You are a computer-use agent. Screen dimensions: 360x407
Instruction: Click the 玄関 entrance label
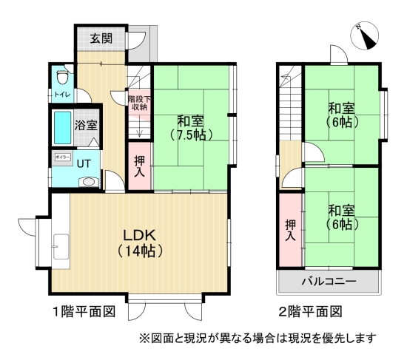[x=102, y=39]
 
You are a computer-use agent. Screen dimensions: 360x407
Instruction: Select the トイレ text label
[x=61, y=95]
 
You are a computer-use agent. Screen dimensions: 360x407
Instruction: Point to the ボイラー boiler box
[x=62, y=157]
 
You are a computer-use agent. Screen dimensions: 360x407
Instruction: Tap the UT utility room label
[x=84, y=163]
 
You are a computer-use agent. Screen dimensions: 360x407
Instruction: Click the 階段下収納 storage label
[x=138, y=103]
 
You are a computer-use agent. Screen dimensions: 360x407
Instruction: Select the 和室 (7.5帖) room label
[x=191, y=127]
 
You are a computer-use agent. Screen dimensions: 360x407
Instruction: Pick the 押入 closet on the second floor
[x=290, y=231]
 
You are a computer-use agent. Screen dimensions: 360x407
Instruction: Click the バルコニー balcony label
[x=329, y=282]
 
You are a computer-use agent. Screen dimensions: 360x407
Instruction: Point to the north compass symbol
[x=364, y=35]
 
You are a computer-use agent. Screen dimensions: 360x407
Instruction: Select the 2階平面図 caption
[x=312, y=311]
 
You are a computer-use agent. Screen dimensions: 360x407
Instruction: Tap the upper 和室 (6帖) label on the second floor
[x=341, y=115]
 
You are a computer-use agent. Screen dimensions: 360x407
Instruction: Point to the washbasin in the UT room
[x=88, y=181]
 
